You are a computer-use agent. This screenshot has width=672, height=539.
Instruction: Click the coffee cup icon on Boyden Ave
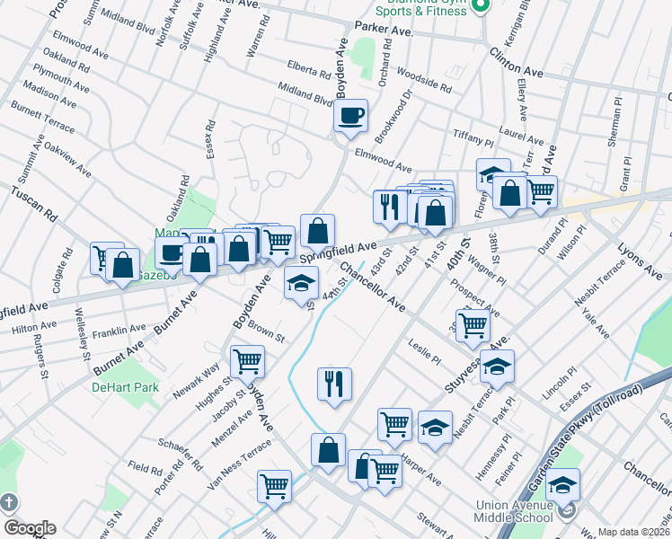point(351,116)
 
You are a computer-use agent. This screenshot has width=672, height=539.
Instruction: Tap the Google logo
point(29,528)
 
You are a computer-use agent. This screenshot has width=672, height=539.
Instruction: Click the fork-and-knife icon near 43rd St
point(389,208)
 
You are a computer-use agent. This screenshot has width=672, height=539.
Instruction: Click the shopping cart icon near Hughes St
point(247,362)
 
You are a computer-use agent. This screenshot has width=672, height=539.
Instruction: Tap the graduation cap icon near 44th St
point(301,285)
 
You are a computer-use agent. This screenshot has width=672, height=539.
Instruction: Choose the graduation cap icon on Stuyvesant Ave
point(497,367)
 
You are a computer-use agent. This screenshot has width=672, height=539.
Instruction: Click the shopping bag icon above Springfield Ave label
point(317,231)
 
